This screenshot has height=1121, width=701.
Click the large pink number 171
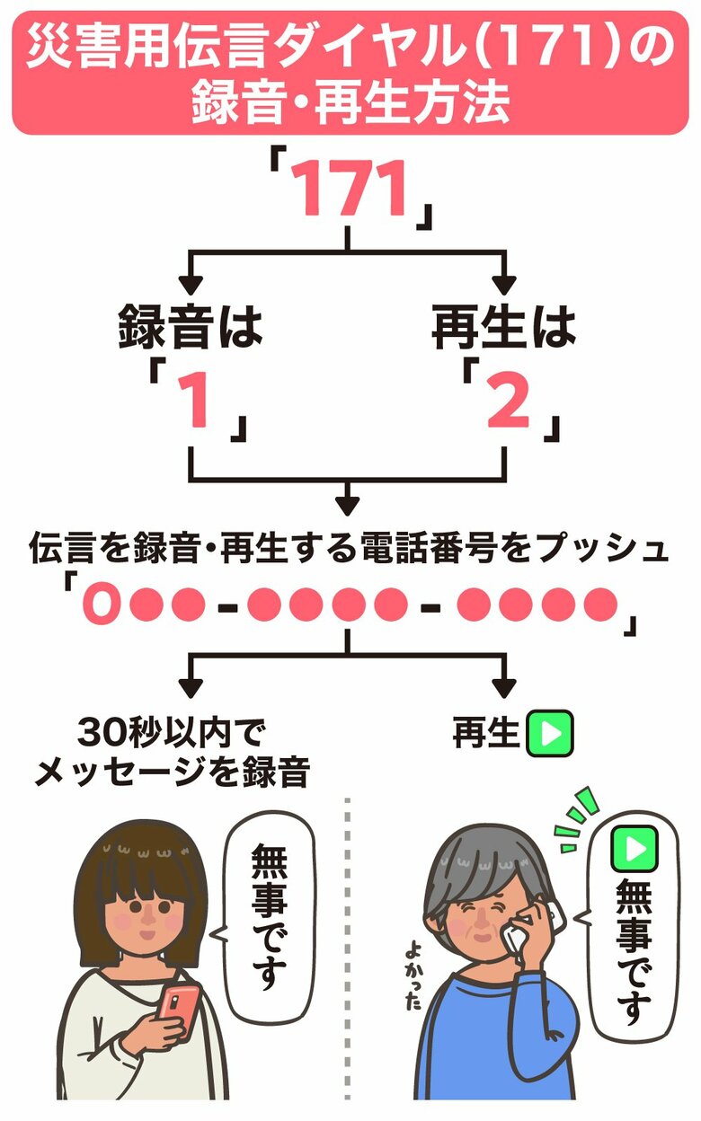pos(350,191)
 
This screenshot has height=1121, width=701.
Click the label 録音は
pos(191,329)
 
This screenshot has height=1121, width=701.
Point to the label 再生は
pos(503,329)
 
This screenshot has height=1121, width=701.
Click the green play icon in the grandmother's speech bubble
pos(634,847)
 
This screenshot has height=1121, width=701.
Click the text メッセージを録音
pos(171,772)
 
